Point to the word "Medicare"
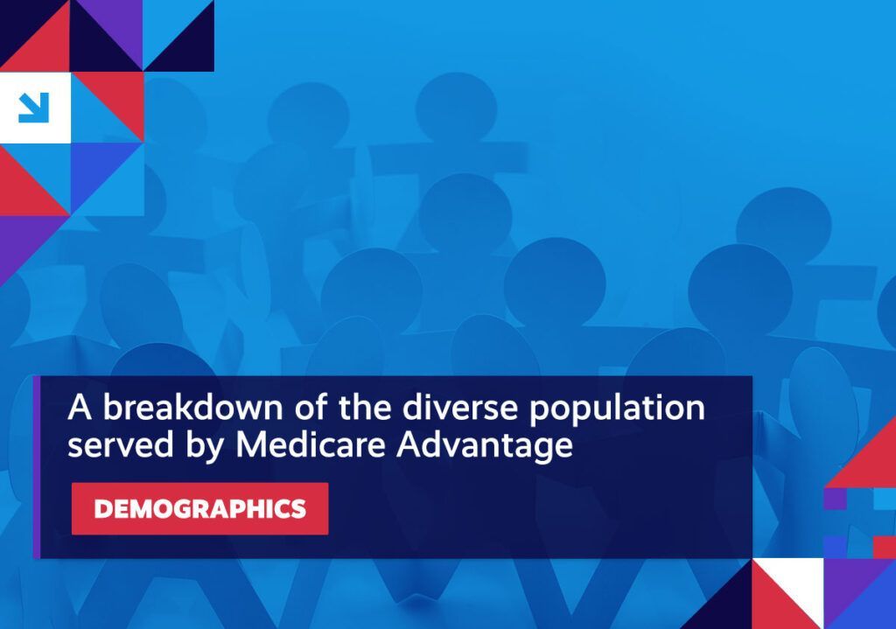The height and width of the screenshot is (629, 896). (311, 444)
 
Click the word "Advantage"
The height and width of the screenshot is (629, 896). (485, 446)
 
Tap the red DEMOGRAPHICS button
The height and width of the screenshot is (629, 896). (200, 508)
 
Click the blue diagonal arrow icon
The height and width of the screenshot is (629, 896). (34, 108)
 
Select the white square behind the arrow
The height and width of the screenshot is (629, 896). (35, 108)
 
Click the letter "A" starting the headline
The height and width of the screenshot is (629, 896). (80, 408)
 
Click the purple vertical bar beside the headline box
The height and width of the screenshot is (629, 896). (37, 467)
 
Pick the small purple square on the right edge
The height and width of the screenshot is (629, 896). (835, 498)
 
